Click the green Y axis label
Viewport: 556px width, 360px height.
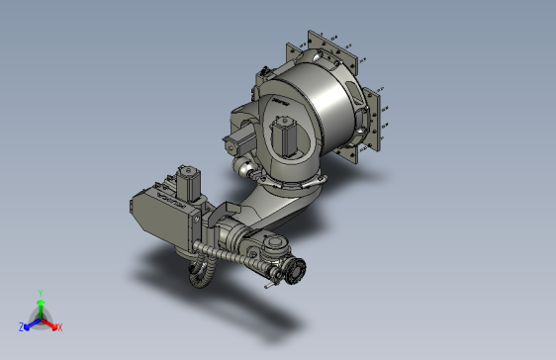(40, 291)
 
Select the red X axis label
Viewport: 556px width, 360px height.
(59, 326)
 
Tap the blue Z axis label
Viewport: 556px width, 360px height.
(21, 326)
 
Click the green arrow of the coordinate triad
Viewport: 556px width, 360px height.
(40, 306)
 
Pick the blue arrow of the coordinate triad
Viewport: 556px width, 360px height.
(31, 322)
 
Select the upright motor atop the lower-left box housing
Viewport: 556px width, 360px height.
(187, 181)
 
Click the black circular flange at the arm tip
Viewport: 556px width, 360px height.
(296, 270)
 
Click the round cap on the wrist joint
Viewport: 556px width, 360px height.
(274, 244)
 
